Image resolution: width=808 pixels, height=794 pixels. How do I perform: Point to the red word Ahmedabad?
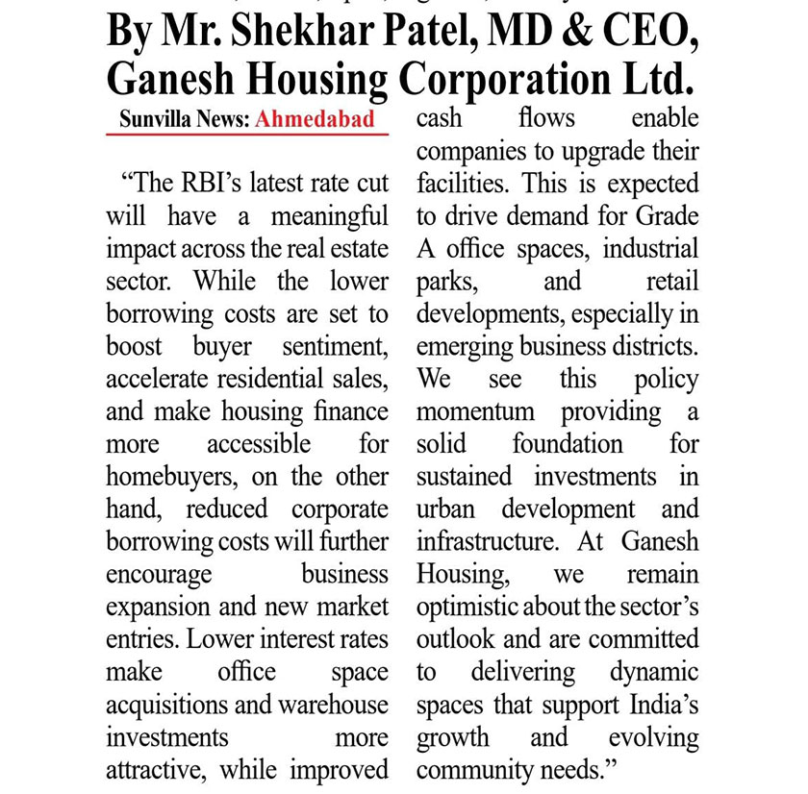pos(315,121)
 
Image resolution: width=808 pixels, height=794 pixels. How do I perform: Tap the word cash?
pos(439,118)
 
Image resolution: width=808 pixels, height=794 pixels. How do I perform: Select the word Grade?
pos(665,216)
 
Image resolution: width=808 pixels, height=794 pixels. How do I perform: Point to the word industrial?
pos(651,249)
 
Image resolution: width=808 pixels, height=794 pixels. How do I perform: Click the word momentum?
pos(475,412)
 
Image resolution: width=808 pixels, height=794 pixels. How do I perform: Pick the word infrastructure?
pos(487,541)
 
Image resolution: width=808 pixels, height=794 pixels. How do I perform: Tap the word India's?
pos(664,705)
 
